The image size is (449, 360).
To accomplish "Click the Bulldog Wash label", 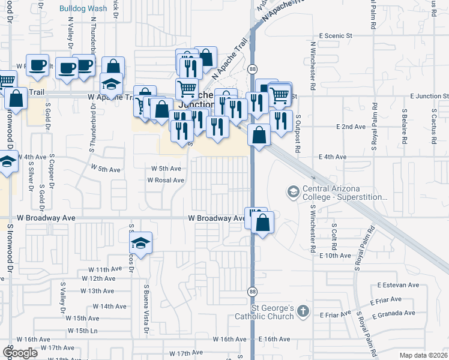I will point(83,8).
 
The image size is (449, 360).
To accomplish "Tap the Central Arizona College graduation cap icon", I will point(293,191).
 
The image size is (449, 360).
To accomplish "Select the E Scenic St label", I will point(336,36).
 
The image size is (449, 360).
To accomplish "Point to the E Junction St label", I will point(430,96).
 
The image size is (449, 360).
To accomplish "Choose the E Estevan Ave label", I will point(398,285).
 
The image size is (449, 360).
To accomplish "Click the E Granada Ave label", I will point(394,313).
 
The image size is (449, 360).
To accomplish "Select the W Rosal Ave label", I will point(166,180).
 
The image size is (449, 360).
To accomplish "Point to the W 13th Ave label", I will point(101,290).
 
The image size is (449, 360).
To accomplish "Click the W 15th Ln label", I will point(83,331).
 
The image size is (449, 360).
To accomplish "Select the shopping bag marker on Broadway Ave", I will point(263,223).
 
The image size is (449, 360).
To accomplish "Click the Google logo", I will point(20,353).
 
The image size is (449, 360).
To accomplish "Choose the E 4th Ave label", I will point(333,157).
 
